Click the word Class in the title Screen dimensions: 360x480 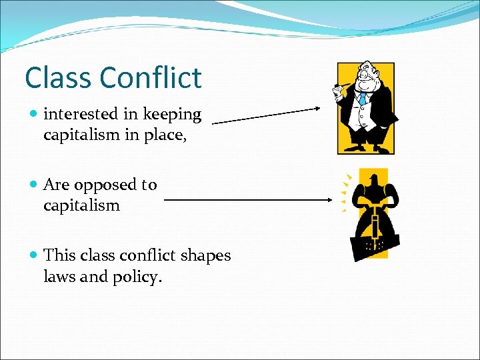point(59,78)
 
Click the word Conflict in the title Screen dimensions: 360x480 point(150,78)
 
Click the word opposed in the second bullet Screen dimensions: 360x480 point(104,185)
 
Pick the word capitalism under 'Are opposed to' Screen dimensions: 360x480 point(81,205)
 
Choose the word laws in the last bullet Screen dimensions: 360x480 point(59,276)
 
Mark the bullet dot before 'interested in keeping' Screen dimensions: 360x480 point(34,115)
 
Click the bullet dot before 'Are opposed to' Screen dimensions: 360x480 point(34,185)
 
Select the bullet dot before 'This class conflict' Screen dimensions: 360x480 point(34,255)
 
